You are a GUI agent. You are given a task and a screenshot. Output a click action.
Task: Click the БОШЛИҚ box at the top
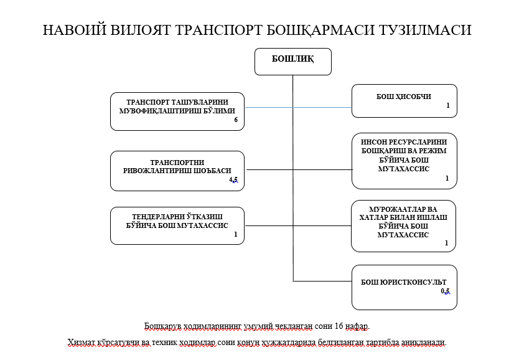(x=292, y=60)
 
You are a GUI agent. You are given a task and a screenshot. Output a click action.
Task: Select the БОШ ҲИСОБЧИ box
(x=404, y=100)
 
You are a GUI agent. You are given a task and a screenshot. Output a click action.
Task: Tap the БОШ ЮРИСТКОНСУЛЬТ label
(x=404, y=282)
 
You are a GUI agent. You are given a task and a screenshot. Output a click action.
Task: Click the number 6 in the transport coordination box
(x=236, y=120)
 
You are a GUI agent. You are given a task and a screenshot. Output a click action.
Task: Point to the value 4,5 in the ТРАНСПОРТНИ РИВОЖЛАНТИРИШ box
(x=233, y=179)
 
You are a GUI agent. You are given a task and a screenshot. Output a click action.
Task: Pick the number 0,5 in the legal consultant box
(x=445, y=291)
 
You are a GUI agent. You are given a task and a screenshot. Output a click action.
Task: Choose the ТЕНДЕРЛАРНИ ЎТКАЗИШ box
(x=177, y=225)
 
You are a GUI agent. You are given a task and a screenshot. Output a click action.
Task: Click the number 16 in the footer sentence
(x=339, y=326)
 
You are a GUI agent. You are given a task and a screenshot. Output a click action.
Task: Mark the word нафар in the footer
(x=358, y=326)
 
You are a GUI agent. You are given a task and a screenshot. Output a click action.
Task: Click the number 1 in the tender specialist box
(x=236, y=235)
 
